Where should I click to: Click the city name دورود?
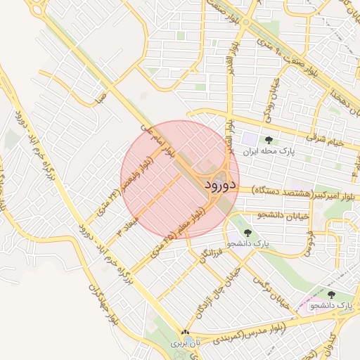(x=221, y=186)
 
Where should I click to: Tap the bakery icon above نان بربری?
(x=185, y=333)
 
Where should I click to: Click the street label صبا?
(x=103, y=94)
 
